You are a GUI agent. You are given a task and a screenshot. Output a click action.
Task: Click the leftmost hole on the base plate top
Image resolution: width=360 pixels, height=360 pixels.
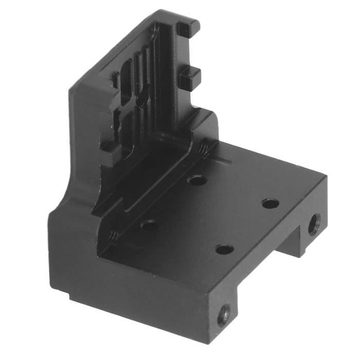tap(149, 225)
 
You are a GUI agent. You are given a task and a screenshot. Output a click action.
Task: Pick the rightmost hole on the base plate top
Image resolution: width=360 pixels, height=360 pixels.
tap(271, 203)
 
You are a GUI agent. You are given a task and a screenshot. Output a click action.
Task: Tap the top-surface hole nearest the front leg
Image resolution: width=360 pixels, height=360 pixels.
tap(224, 249)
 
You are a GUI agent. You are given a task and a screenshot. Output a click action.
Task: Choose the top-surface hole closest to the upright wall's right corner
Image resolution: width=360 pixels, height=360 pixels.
tap(197, 180)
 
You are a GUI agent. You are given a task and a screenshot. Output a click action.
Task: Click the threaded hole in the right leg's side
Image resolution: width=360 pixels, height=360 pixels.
tap(314, 224)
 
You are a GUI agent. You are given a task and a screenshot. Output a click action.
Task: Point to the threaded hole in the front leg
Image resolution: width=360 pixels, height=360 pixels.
tap(224, 315)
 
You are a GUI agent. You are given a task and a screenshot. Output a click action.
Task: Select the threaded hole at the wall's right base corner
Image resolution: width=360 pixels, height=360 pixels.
tap(204, 149)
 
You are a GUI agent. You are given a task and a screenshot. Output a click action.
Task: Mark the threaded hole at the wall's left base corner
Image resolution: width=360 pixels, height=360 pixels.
tap(112, 237)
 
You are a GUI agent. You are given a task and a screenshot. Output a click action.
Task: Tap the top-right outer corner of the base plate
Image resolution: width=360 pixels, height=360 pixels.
tap(325, 177)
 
